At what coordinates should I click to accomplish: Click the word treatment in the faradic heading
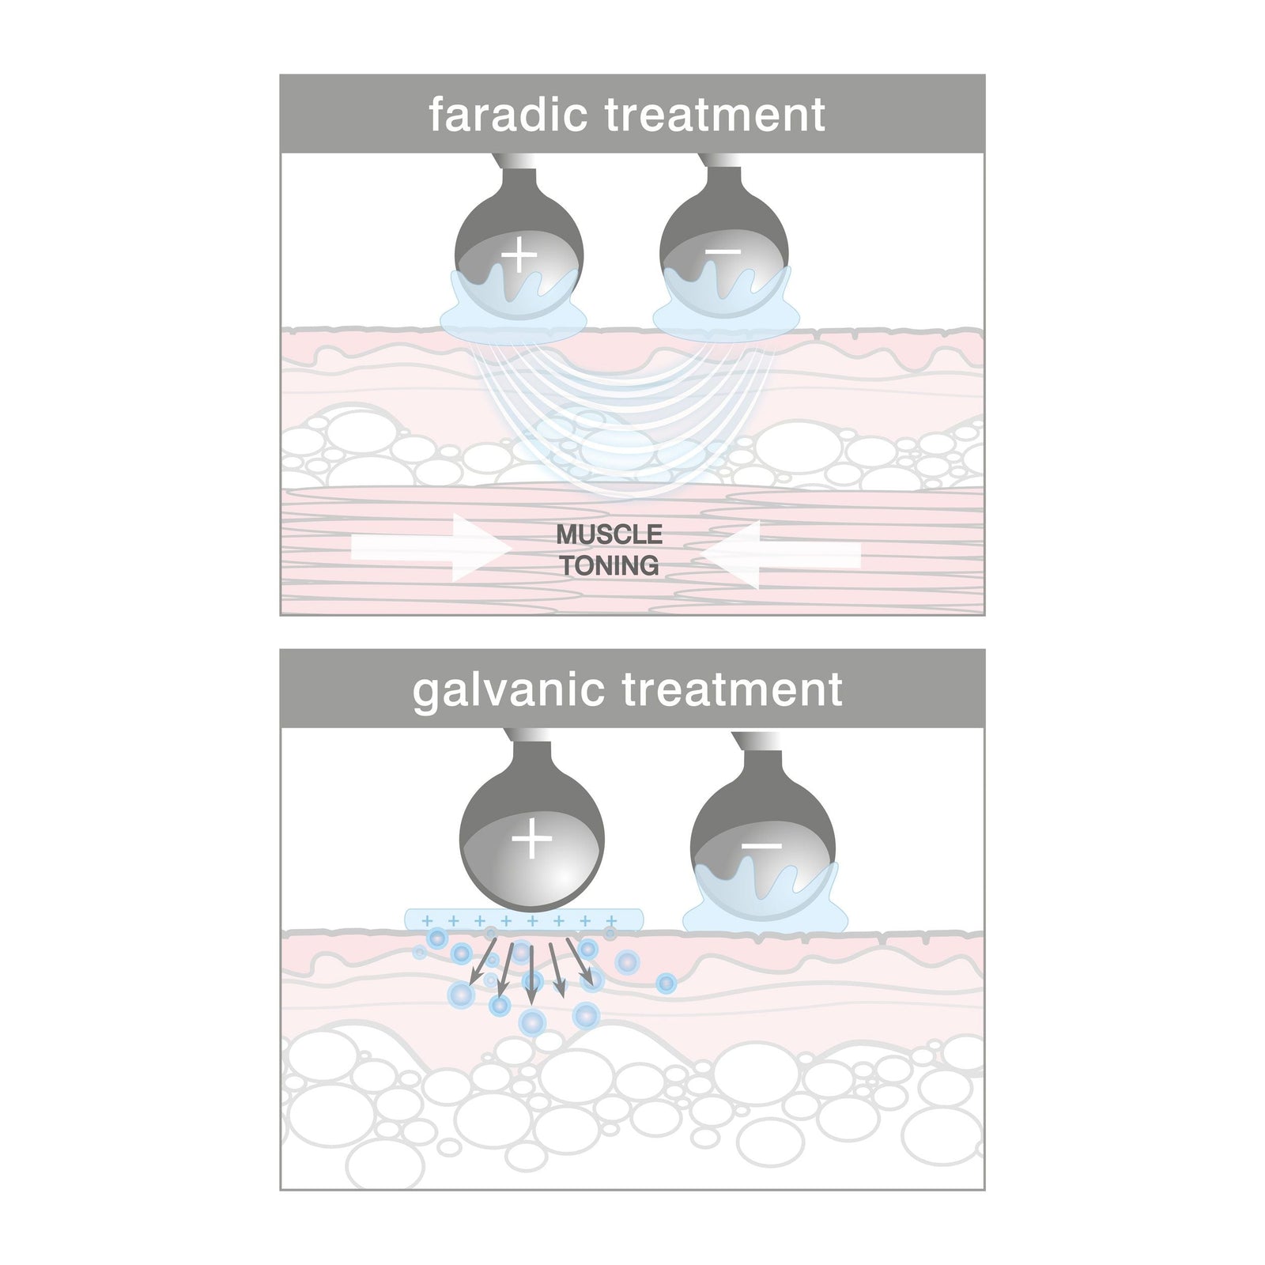click(715, 114)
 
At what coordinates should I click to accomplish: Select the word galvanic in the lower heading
click(508, 689)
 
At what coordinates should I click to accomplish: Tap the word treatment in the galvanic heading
click(732, 689)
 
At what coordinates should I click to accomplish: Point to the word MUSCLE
click(609, 535)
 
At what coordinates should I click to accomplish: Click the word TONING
click(610, 566)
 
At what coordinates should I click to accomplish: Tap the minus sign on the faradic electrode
click(723, 252)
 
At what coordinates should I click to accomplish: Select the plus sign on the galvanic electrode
click(532, 838)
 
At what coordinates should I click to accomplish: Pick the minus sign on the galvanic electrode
click(761, 845)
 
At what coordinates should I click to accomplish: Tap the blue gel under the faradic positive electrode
click(512, 320)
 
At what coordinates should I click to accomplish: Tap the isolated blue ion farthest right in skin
click(666, 983)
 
